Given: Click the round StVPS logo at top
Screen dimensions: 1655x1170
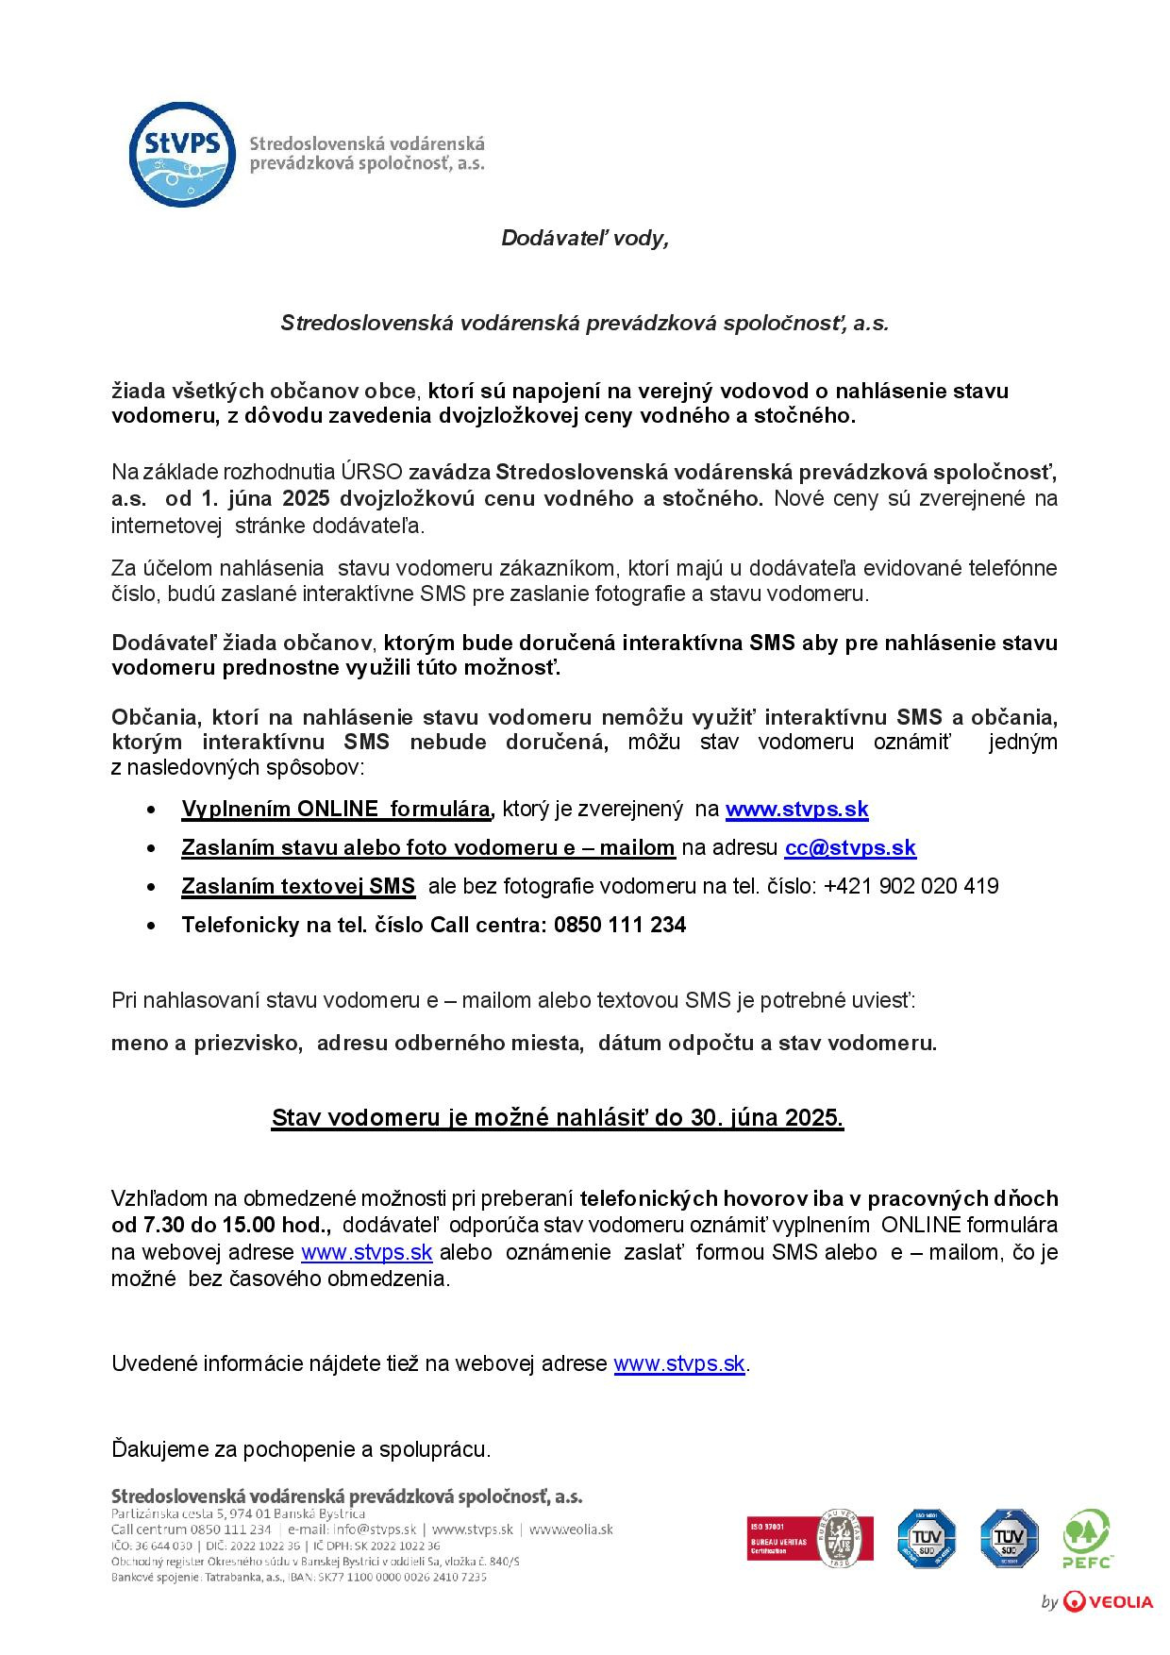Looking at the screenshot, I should pos(181,154).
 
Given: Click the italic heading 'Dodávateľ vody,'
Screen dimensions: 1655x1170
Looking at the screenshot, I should pos(584,239).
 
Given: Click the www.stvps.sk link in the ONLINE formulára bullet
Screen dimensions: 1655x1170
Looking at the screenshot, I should pos(796,809).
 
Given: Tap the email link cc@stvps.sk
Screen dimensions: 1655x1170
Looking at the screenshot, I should pos(850,847).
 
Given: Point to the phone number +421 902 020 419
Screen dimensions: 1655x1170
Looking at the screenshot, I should pos(911,886).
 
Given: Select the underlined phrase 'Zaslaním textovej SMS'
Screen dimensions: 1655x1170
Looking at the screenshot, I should pos(298,886).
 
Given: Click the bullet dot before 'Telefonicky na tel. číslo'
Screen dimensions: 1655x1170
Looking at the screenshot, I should pos(152,926).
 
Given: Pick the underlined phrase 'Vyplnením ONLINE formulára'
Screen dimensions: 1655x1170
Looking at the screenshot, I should pos(336,809).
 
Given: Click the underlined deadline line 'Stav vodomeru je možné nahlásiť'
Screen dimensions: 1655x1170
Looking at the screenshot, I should pos(558,1118).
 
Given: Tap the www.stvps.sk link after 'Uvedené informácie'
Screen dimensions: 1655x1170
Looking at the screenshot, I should pos(679,1363).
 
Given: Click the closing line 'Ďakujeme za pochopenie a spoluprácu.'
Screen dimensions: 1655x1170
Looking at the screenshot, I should pos(301,1448).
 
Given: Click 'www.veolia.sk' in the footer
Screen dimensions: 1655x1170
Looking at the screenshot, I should pos(572,1530).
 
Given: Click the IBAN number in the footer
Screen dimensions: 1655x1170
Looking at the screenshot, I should pos(414,1577).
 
